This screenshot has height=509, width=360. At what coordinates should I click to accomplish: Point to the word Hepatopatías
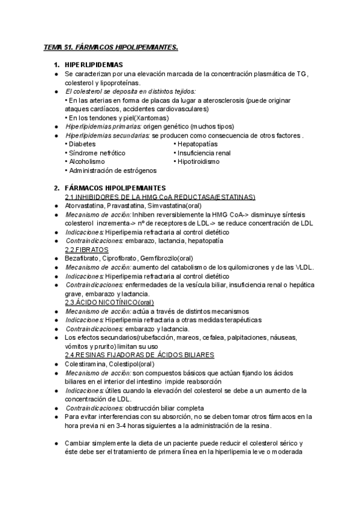(x=197, y=144)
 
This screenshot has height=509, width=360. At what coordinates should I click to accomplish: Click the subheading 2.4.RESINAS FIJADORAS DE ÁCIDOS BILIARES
(x=139, y=355)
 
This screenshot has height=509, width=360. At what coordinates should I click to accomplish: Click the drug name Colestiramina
(x=85, y=364)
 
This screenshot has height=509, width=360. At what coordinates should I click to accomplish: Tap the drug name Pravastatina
(x=127, y=205)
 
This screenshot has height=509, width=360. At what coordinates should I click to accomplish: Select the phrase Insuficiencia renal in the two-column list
(x=204, y=153)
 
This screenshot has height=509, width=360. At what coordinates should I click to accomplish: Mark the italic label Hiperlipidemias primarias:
(x=104, y=127)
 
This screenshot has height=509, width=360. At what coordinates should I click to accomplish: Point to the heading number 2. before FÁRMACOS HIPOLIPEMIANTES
(x=56, y=188)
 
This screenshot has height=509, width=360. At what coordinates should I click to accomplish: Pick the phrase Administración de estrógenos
(x=110, y=170)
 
